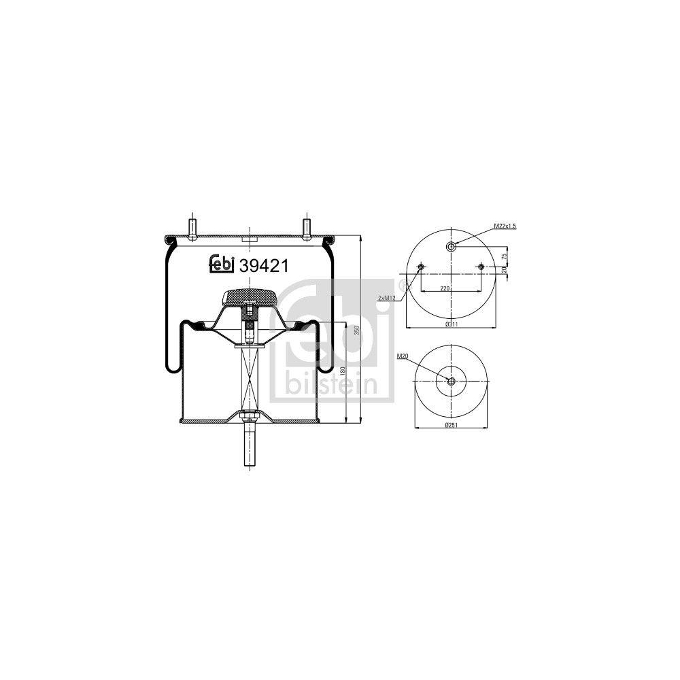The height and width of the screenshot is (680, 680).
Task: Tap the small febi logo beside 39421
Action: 221,265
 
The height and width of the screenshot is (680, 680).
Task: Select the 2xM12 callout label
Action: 388,298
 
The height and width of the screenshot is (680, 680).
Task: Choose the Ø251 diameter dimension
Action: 450,426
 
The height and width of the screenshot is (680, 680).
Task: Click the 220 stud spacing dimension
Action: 445,288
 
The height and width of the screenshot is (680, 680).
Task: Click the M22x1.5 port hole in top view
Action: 451,246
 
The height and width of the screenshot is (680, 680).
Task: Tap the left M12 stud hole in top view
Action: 421,267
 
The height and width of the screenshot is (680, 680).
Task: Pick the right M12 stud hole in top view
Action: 481,267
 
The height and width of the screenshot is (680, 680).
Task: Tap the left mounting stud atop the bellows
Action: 192,226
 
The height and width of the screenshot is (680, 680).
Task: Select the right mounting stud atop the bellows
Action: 306,226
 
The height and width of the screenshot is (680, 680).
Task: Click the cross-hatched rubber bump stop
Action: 250,296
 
